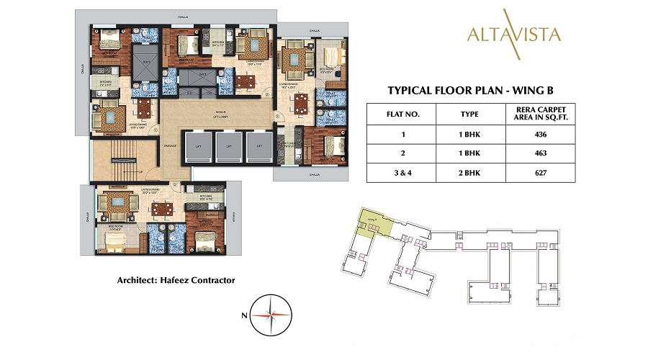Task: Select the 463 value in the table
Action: pos(541,153)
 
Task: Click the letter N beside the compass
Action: pos(245,315)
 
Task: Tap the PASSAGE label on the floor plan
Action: pos(171,145)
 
